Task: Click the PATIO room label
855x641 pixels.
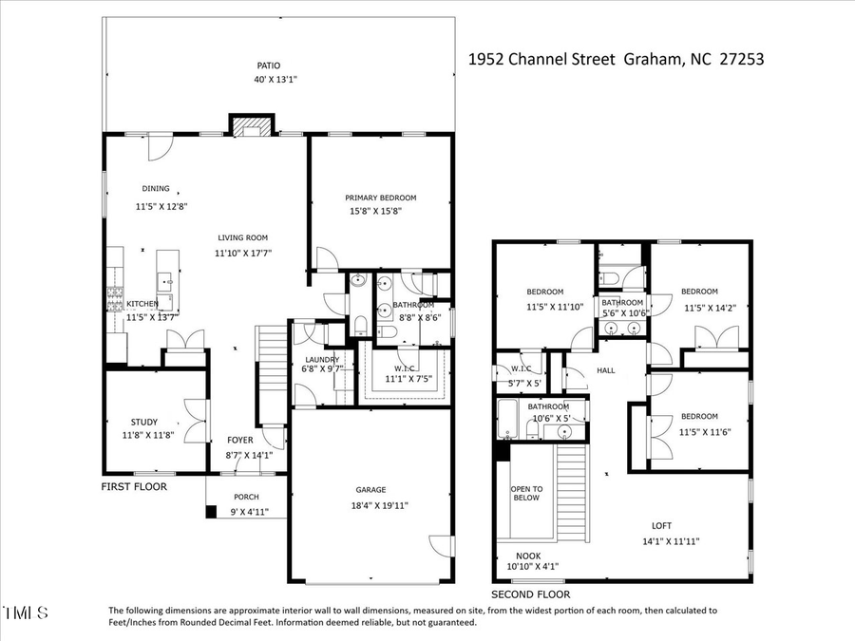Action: pos(268,66)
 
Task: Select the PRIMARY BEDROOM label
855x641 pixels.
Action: pos(380,198)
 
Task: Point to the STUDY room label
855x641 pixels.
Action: pos(144,422)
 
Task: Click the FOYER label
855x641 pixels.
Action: pos(239,441)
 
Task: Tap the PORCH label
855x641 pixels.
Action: pos(245,498)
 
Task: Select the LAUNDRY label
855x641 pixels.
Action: pos(320,360)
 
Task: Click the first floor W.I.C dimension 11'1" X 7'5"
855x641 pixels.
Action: pos(408,379)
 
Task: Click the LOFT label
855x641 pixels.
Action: pos(661,525)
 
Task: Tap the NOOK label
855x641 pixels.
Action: pos(528,556)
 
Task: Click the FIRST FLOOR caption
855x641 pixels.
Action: pos(134,486)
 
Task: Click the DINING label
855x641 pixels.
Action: pos(156,188)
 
